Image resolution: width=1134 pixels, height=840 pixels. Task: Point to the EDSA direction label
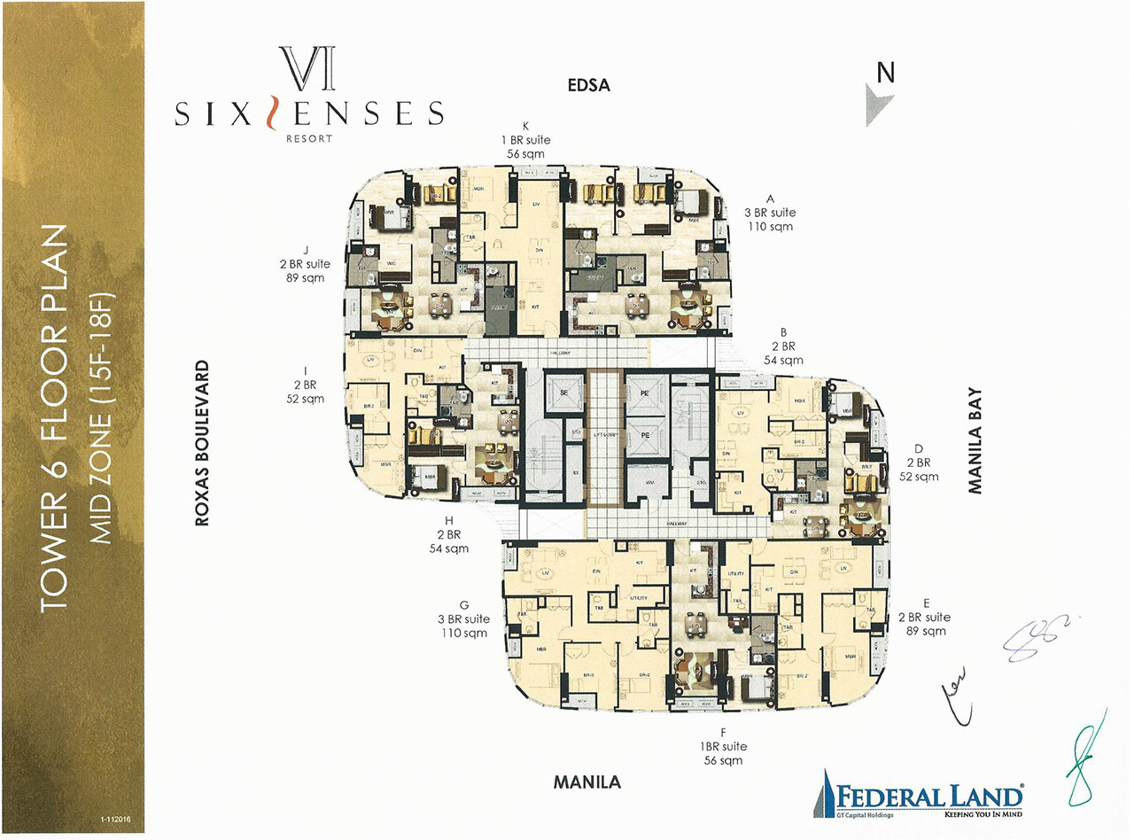click(590, 85)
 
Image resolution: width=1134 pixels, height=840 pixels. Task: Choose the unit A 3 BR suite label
click(770, 213)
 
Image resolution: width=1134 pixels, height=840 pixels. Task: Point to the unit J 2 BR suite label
click(303, 264)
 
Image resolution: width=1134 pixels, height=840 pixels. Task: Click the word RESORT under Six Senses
click(308, 138)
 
